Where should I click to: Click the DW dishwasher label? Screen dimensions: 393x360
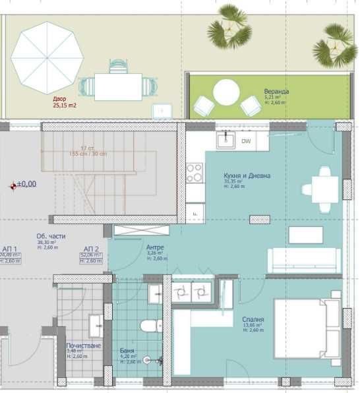pyautogui.click(x=246, y=141)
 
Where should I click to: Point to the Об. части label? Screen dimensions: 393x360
pyautogui.click(x=49, y=235)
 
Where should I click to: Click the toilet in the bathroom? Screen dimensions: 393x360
pyautogui.click(x=152, y=325)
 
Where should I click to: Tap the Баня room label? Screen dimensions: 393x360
pyautogui.click(x=127, y=351)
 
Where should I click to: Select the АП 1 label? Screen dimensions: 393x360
pyautogui.click(x=9, y=249)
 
